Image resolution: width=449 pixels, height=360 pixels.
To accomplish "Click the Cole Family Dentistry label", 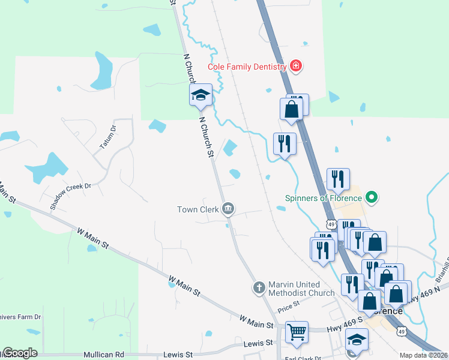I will (247, 67).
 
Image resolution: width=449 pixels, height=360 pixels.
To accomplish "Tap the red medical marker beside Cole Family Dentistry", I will (295, 66).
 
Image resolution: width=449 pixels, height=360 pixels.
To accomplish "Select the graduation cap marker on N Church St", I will (201, 95).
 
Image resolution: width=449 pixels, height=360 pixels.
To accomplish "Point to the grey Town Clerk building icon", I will (228, 209).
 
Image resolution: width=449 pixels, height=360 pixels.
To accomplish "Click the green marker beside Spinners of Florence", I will (372, 196).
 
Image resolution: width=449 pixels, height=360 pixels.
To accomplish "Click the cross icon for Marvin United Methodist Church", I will (259, 288).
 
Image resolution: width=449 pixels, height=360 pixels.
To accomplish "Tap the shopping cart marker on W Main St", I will (297, 332).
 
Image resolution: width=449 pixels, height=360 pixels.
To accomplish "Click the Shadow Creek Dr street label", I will (70, 196).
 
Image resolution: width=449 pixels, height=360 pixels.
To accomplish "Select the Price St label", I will (288, 310).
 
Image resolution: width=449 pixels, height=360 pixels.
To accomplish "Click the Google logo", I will (20, 353).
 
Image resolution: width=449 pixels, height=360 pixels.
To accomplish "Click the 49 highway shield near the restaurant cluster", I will (332, 224).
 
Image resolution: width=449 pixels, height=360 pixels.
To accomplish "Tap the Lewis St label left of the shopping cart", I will (259, 343).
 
